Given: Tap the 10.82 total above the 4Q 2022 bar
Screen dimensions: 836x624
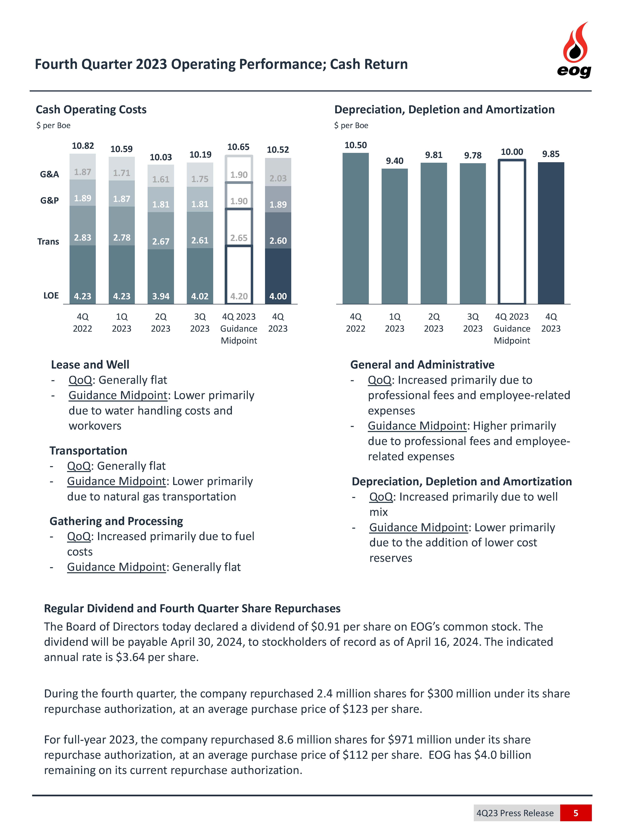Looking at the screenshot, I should pyautogui.click(x=83, y=146).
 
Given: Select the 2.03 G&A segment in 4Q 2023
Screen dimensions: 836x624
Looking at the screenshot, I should pyautogui.click(x=278, y=178).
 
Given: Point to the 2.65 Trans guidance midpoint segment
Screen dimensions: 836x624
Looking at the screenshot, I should pyautogui.click(x=239, y=238).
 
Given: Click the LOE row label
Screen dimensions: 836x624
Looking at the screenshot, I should pyautogui.click(x=51, y=295).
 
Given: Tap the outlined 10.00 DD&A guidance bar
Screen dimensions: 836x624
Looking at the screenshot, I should pyautogui.click(x=512, y=232).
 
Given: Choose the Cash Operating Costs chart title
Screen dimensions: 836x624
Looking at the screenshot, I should pyautogui.click(x=91, y=110).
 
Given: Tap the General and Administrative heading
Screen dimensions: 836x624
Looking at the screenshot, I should pyautogui.click(x=422, y=365).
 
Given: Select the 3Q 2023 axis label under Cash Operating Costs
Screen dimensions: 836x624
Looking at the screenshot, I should pyautogui.click(x=200, y=323).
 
